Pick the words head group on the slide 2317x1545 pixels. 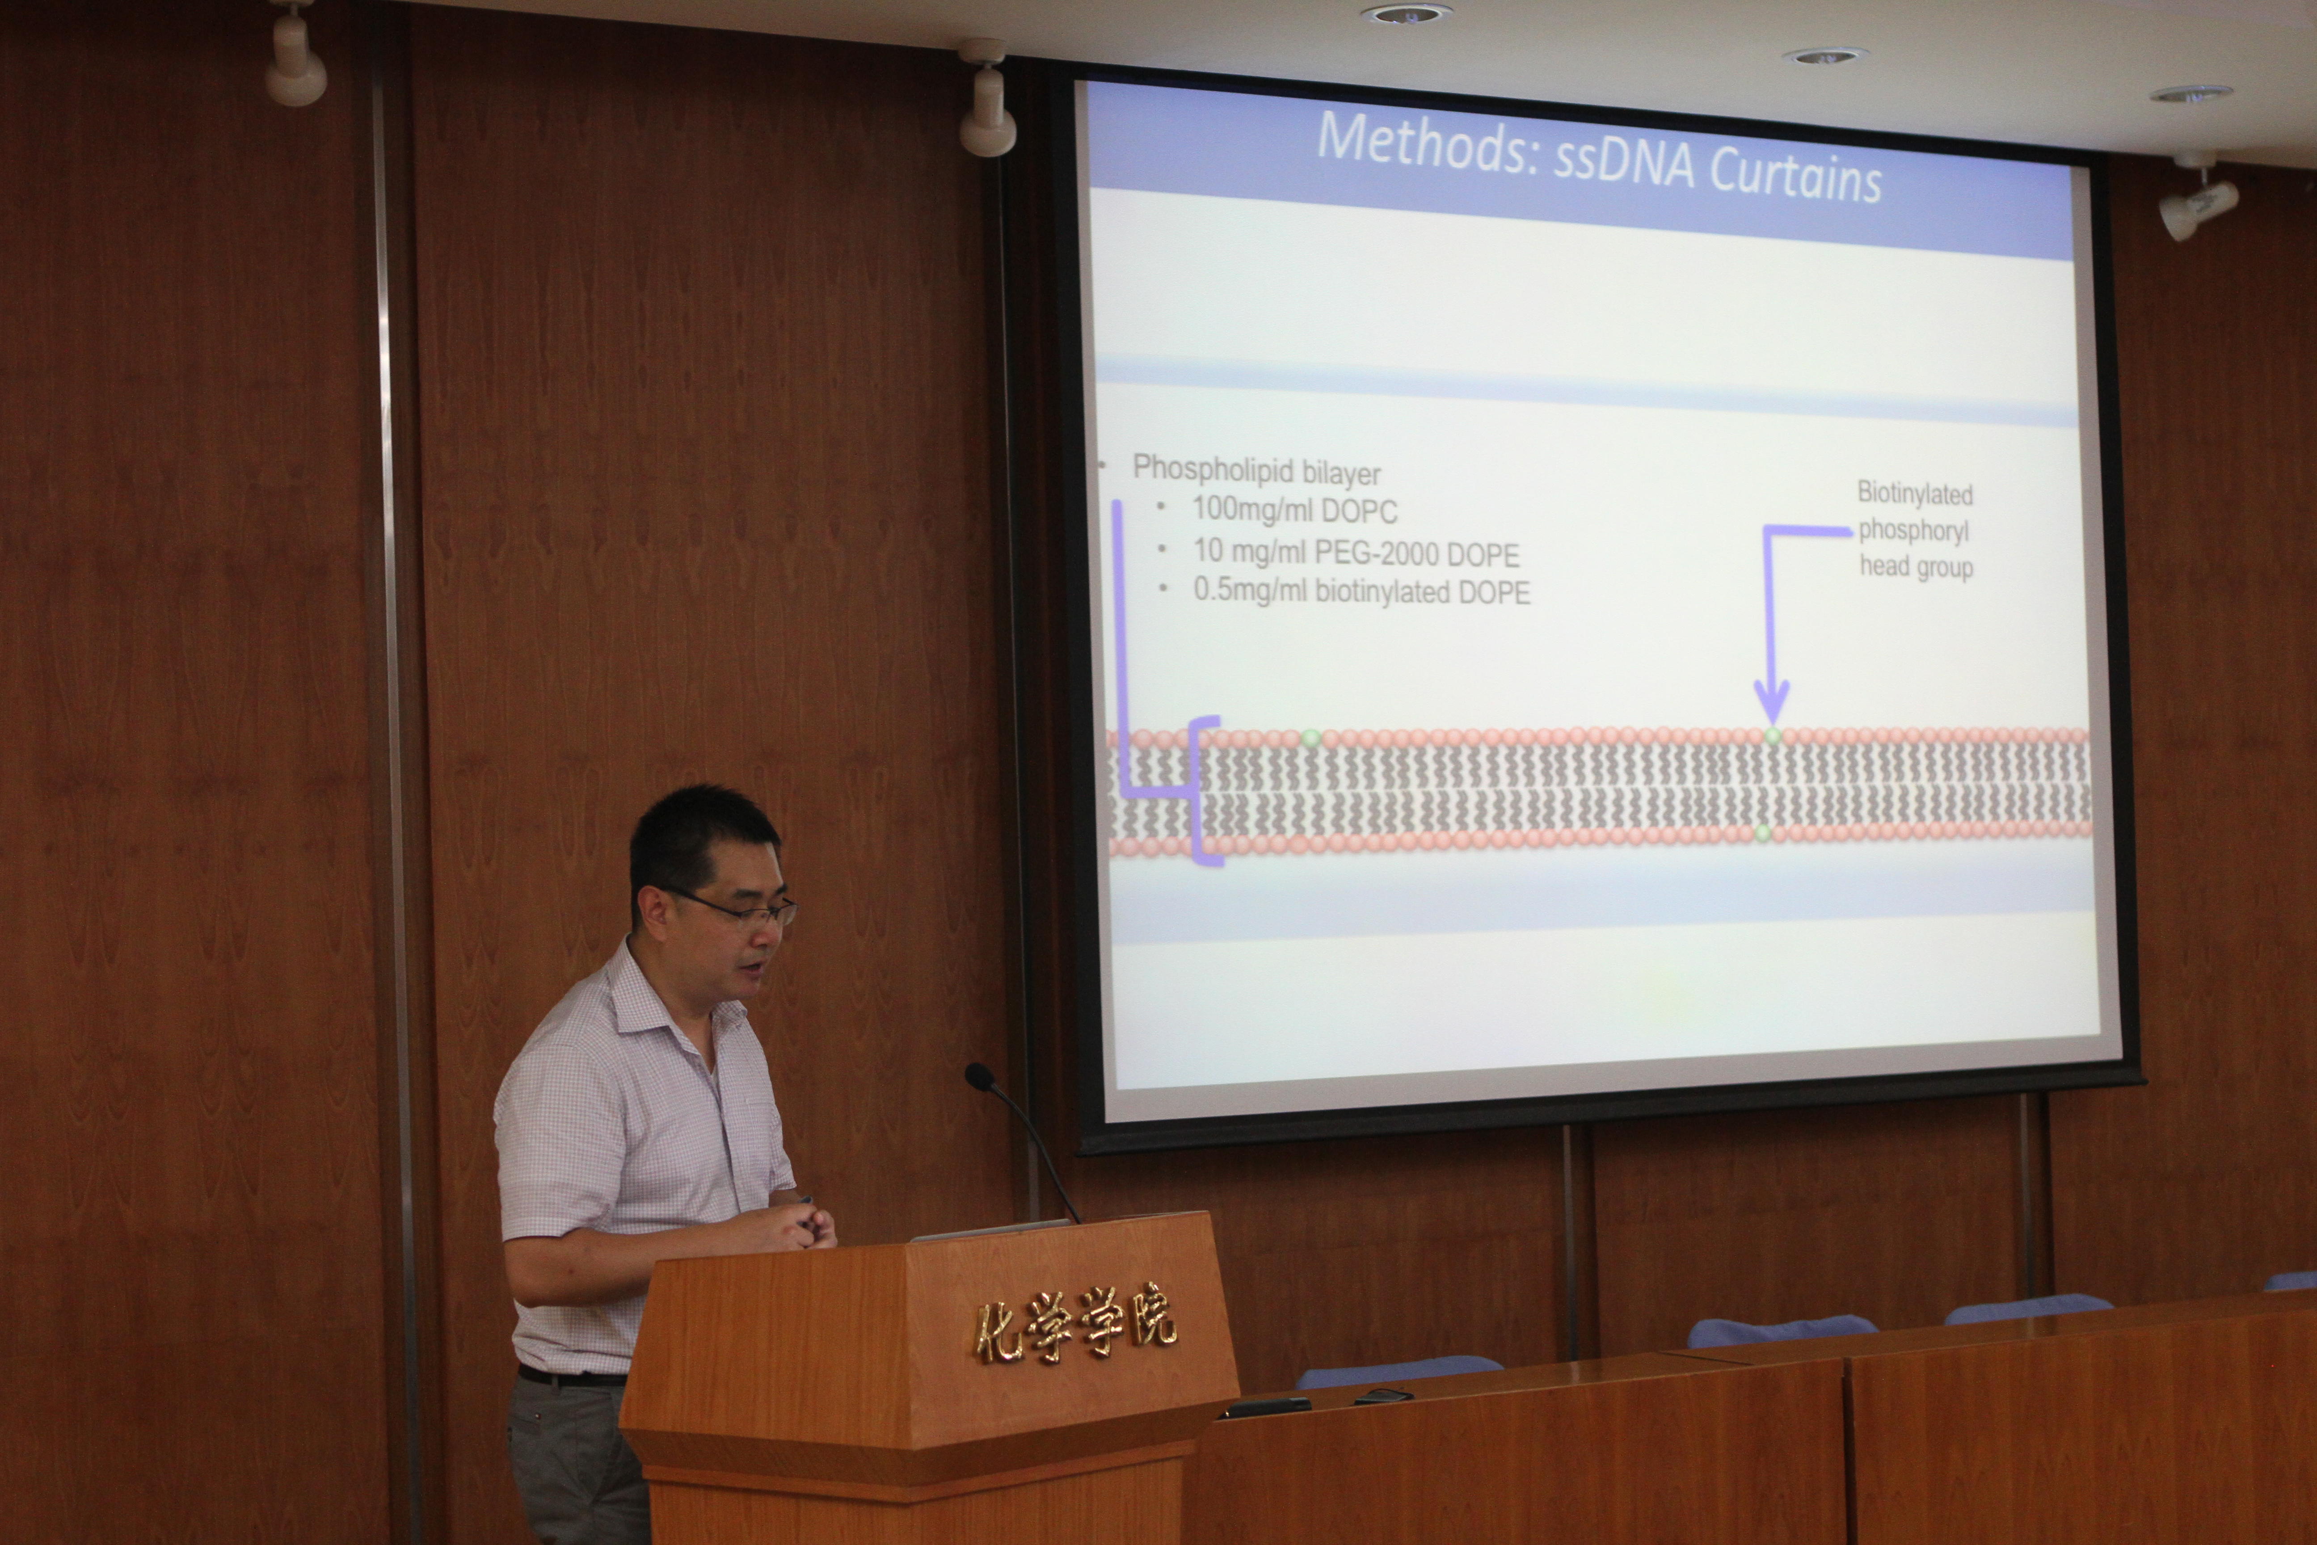pyautogui.click(x=1916, y=566)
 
